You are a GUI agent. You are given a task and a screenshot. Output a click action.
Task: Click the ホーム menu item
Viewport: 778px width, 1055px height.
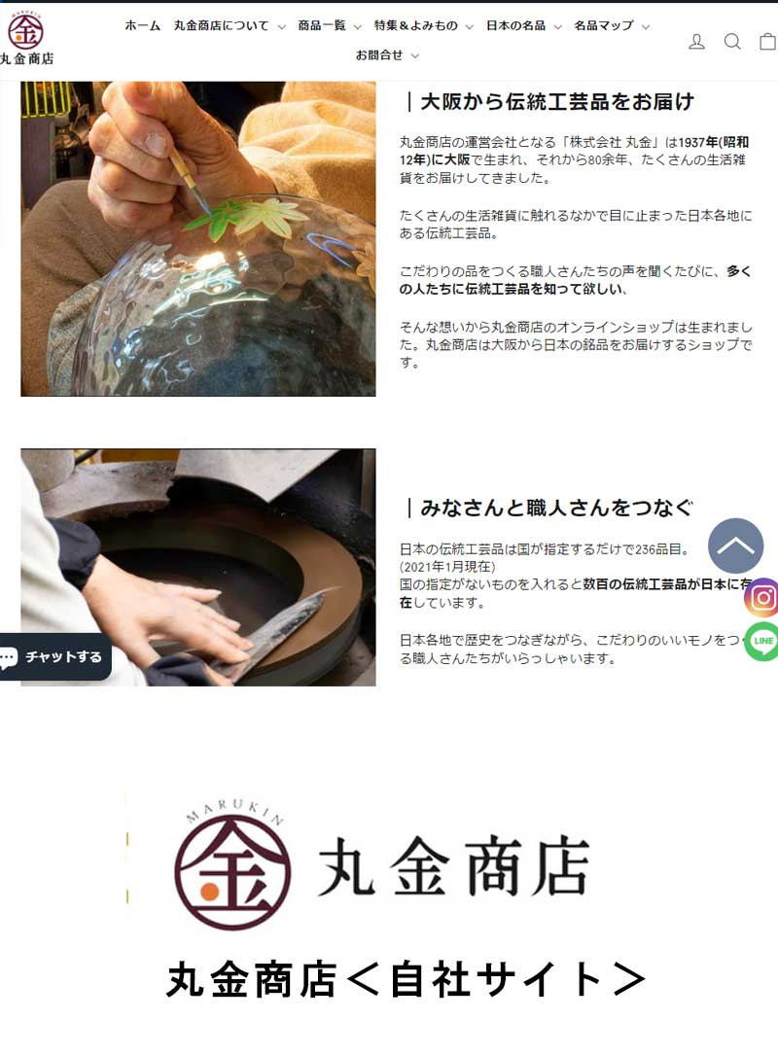tap(143, 25)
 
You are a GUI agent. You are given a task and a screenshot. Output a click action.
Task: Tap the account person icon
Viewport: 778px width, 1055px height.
tap(696, 42)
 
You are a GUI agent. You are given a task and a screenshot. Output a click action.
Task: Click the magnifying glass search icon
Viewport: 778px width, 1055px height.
tap(732, 42)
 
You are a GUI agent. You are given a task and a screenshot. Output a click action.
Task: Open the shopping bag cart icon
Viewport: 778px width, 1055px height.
tap(768, 42)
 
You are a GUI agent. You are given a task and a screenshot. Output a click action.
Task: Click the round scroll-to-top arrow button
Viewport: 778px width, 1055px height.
tap(735, 545)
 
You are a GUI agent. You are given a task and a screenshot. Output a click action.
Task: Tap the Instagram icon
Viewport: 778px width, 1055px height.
tap(761, 597)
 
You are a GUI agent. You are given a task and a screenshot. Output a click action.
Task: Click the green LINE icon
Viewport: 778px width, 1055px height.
tap(761, 641)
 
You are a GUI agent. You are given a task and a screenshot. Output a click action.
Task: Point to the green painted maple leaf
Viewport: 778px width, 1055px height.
tap(234, 215)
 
